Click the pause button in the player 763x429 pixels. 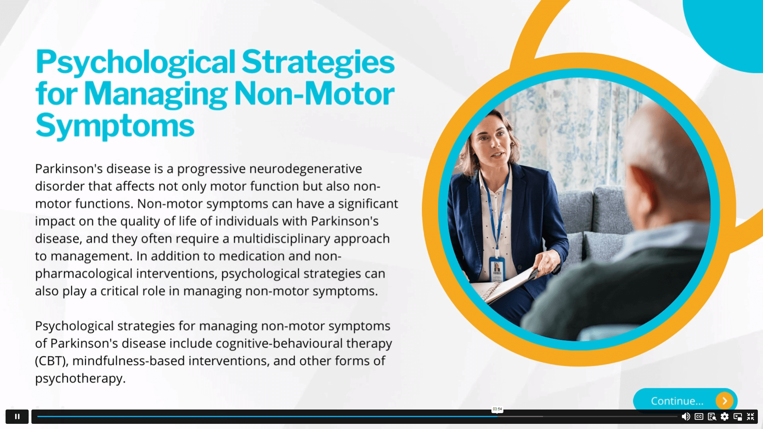[x=17, y=416]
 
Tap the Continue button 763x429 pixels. [x=685, y=400]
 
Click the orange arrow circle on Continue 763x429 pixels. [x=724, y=401]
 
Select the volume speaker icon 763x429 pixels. [x=686, y=416]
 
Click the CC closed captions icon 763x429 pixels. [x=699, y=416]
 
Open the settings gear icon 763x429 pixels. [x=725, y=416]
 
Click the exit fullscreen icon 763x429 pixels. [x=750, y=416]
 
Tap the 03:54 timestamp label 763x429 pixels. [x=497, y=409]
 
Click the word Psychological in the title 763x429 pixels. [x=136, y=63]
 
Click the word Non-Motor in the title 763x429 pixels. [x=314, y=94]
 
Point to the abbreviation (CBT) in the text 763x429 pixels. [x=52, y=361]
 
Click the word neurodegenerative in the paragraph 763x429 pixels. [x=305, y=169]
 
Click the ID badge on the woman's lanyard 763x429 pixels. [x=497, y=269]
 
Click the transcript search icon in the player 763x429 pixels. [x=712, y=416]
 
